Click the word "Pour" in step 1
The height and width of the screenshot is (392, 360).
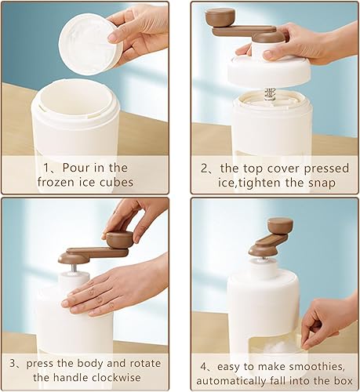pos(76,168)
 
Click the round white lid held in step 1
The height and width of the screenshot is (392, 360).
pos(91,44)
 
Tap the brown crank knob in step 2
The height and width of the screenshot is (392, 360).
pos(220,16)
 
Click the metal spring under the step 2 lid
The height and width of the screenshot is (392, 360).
pos(269,95)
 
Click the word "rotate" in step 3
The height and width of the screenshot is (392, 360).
pos(145,364)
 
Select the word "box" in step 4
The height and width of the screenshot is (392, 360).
pos(344,381)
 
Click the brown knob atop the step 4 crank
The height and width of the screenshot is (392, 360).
pos(280,226)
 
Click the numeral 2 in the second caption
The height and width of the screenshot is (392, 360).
pos(204,169)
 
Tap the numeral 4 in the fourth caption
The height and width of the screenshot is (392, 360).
pos(204,367)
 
